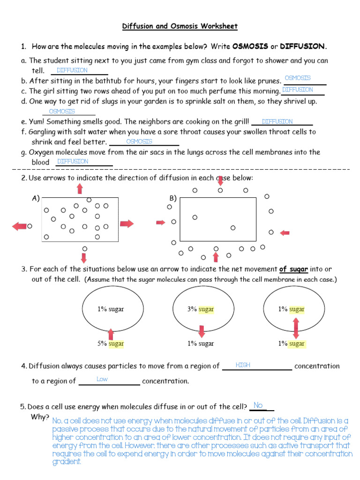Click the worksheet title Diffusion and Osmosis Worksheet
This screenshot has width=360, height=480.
(x=180, y=26)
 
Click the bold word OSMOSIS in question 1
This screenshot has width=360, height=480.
(x=250, y=46)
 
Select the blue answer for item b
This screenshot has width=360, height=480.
(x=298, y=78)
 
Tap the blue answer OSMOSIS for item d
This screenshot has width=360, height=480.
(x=62, y=111)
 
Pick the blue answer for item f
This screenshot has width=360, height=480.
(x=139, y=141)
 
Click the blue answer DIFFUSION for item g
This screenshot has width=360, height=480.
(x=73, y=161)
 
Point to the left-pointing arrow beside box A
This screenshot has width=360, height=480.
(x=19, y=226)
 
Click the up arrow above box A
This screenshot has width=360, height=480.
(x=80, y=188)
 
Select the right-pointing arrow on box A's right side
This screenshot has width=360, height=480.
(x=127, y=224)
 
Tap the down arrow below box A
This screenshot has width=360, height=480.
(x=84, y=257)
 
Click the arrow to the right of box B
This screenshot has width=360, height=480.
(x=285, y=232)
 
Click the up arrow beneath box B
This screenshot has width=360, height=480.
(x=216, y=257)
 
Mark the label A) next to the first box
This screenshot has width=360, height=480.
(x=36, y=198)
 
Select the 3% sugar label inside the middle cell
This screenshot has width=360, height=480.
(x=201, y=309)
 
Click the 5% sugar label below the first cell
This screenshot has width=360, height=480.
(x=111, y=344)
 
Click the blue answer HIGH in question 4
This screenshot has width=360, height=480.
(x=243, y=365)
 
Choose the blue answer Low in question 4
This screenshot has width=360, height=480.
(x=102, y=379)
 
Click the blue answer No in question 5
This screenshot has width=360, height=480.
(x=258, y=405)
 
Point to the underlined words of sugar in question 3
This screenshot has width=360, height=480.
(x=294, y=269)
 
